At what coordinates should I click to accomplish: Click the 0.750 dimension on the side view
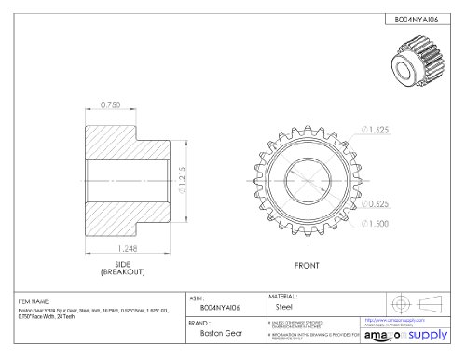point(111,104)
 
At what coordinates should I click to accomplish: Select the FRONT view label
point(308,265)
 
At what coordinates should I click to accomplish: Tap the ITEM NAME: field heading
point(37,302)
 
